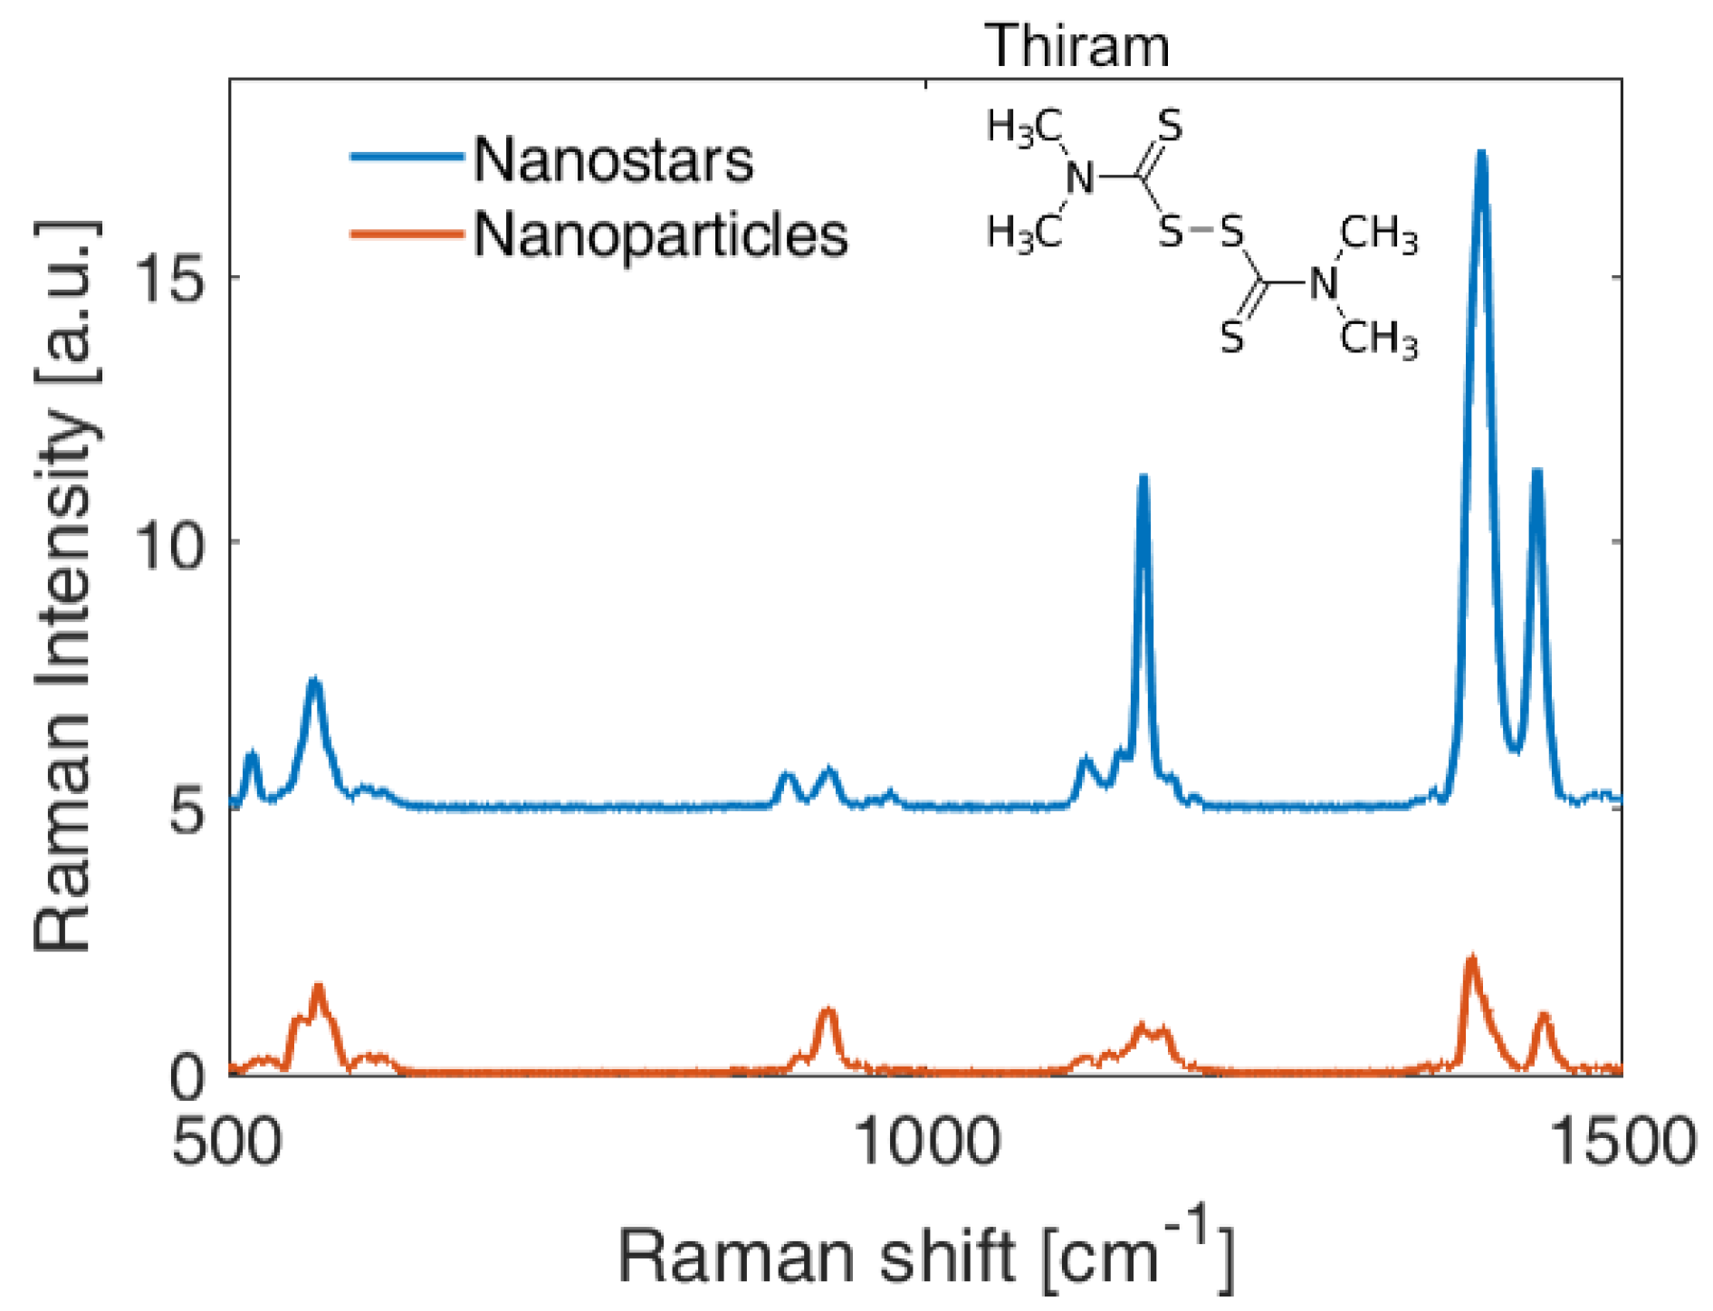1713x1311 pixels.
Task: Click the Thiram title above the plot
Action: point(1077,45)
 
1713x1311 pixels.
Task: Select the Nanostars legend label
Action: point(613,161)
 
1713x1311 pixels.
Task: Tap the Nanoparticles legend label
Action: point(660,235)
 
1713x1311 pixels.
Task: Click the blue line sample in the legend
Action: point(407,157)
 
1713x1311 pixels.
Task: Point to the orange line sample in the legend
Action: point(407,234)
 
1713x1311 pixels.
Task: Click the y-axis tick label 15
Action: point(171,276)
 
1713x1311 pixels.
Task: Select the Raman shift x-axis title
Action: point(926,1254)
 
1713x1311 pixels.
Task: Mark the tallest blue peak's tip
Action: point(1481,154)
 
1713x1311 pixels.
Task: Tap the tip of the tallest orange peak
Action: point(1472,958)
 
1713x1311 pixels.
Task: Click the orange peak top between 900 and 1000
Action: point(827,1010)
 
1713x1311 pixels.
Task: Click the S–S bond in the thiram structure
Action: point(1201,232)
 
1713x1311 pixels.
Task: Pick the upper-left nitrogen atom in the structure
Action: point(1078,177)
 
